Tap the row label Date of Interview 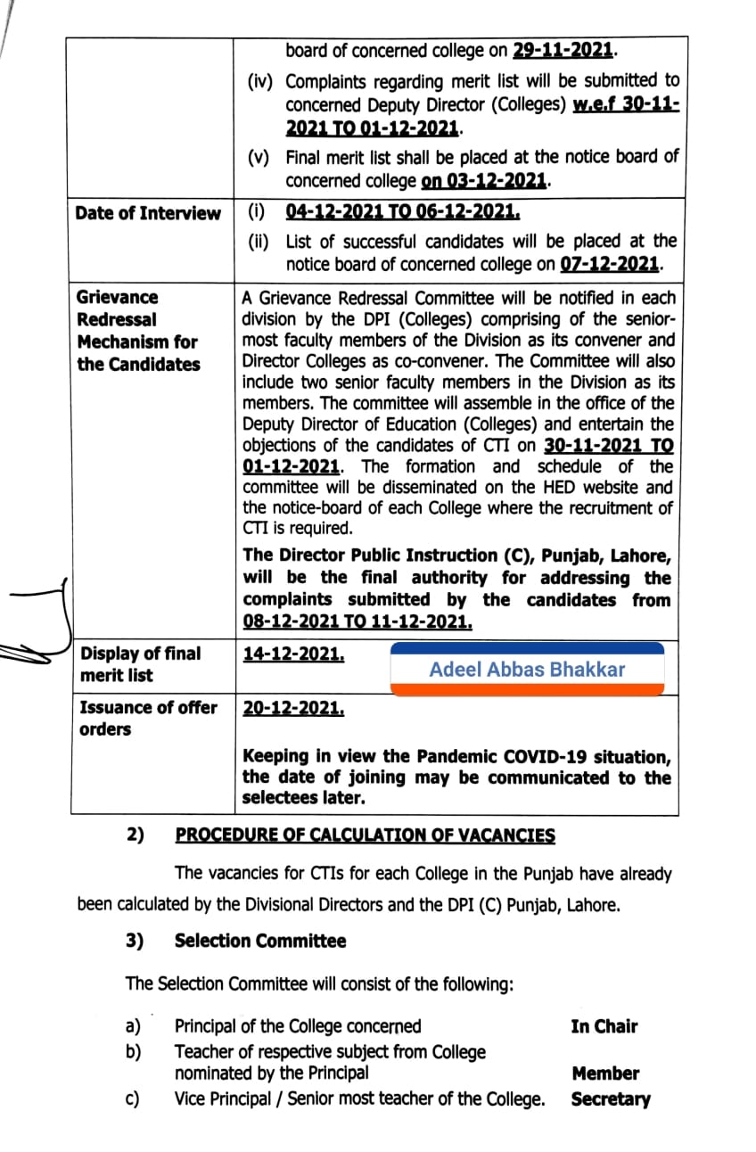(x=147, y=213)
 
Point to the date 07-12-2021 (x=611, y=265)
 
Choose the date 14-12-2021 (x=293, y=654)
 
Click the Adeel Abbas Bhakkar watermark (x=527, y=670)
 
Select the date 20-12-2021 (x=293, y=708)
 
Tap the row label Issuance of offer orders (x=147, y=718)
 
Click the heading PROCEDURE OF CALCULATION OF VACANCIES (x=365, y=835)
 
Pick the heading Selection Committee (x=260, y=941)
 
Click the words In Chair (x=604, y=1026)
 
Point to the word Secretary (x=610, y=1099)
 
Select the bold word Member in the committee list (x=605, y=1074)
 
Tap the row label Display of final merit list (x=140, y=664)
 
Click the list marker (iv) (x=263, y=82)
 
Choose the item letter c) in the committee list (x=133, y=1099)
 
